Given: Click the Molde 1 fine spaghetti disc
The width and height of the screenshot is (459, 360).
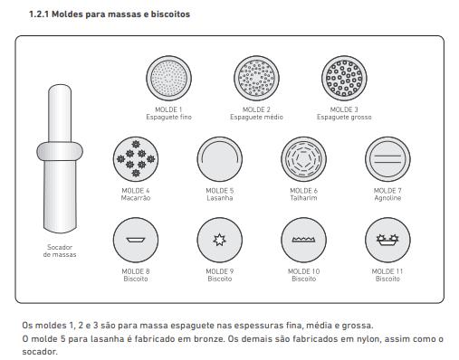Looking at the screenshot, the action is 168,78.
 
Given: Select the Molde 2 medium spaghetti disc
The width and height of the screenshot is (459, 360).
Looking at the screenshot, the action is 256,78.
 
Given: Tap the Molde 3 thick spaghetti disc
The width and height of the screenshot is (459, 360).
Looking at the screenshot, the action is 344,78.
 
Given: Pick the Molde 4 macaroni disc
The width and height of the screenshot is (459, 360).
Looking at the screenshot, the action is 136,159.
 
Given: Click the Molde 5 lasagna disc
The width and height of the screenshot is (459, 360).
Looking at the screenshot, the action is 220,159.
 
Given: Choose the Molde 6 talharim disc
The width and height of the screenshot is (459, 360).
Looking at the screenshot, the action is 304,159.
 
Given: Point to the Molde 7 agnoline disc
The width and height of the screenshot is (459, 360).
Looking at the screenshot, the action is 387,159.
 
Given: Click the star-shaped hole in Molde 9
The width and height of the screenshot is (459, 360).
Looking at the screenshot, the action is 219,240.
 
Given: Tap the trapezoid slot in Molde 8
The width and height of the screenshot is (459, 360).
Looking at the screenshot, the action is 136,240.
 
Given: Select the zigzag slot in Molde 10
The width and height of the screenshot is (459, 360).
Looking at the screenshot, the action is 304,240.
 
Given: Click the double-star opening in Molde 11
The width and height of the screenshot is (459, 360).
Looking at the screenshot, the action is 387,240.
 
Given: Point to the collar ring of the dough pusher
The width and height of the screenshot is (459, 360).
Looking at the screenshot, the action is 60,151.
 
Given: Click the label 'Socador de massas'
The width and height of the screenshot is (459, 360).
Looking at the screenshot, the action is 60,251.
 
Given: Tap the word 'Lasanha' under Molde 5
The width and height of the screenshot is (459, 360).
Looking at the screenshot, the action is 220,198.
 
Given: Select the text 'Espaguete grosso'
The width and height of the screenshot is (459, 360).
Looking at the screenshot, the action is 344,117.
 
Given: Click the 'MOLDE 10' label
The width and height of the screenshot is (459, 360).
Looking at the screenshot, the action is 304,271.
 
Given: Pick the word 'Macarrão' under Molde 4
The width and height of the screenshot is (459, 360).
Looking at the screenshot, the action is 136,198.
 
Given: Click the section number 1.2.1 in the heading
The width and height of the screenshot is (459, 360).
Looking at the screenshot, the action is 39,14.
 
